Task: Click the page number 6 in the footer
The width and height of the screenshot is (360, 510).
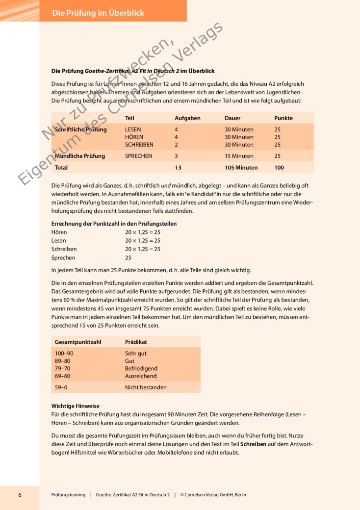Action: click(x=20, y=495)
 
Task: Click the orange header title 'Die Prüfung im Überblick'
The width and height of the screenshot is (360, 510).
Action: click(x=98, y=13)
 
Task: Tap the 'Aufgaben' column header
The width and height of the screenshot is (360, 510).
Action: click(x=187, y=118)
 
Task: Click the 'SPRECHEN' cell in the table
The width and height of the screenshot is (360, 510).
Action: click(x=138, y=156)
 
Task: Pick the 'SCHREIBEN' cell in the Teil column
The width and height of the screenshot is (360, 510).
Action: click(x=139, y=145)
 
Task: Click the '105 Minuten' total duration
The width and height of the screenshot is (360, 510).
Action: click(x=241, y=167)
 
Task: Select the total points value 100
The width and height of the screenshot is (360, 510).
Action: click(x=279, y=167)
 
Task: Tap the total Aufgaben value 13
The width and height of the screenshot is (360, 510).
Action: click(x=178, y=167)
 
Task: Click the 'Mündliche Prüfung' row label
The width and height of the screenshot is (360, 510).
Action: click(x=80, y=156)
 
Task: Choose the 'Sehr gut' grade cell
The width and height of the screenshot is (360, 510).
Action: click(x=136, y=353)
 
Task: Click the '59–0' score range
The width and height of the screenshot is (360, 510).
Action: click(x=61, y=387)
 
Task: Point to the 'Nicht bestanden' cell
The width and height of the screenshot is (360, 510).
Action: click(x=146, y=387)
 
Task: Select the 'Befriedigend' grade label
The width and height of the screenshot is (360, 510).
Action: click(x=141, y=368)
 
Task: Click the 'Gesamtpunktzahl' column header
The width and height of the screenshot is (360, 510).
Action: click(x=78, y=341)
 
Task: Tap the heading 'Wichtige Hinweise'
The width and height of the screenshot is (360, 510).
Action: click(x=76, y=406)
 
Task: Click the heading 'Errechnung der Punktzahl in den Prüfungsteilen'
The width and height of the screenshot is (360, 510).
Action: click(x=114, y=224)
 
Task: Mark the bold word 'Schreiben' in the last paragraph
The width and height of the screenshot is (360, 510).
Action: click(x=254, y=444)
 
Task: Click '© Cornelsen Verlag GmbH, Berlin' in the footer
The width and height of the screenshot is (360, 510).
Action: click(x=213, y=495)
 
